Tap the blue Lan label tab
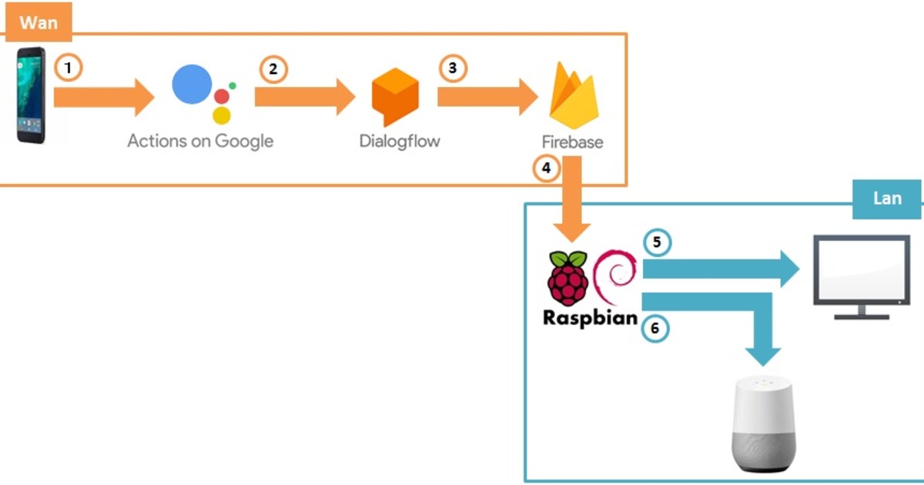(x=888, y=199)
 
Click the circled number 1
(x=69, y=69)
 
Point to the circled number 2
(x=273, y=69)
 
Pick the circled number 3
(x=453, y=69)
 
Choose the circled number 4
(x=547, y=169)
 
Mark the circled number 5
(x=656, y=242)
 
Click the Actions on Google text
(x=200, y=142)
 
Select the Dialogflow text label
(x=400, y=142)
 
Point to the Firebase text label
(x=572, y=142)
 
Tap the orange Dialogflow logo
(x=394, y=97)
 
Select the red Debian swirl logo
(x=616, y=276)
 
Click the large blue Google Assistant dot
(x=192, y=85)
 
